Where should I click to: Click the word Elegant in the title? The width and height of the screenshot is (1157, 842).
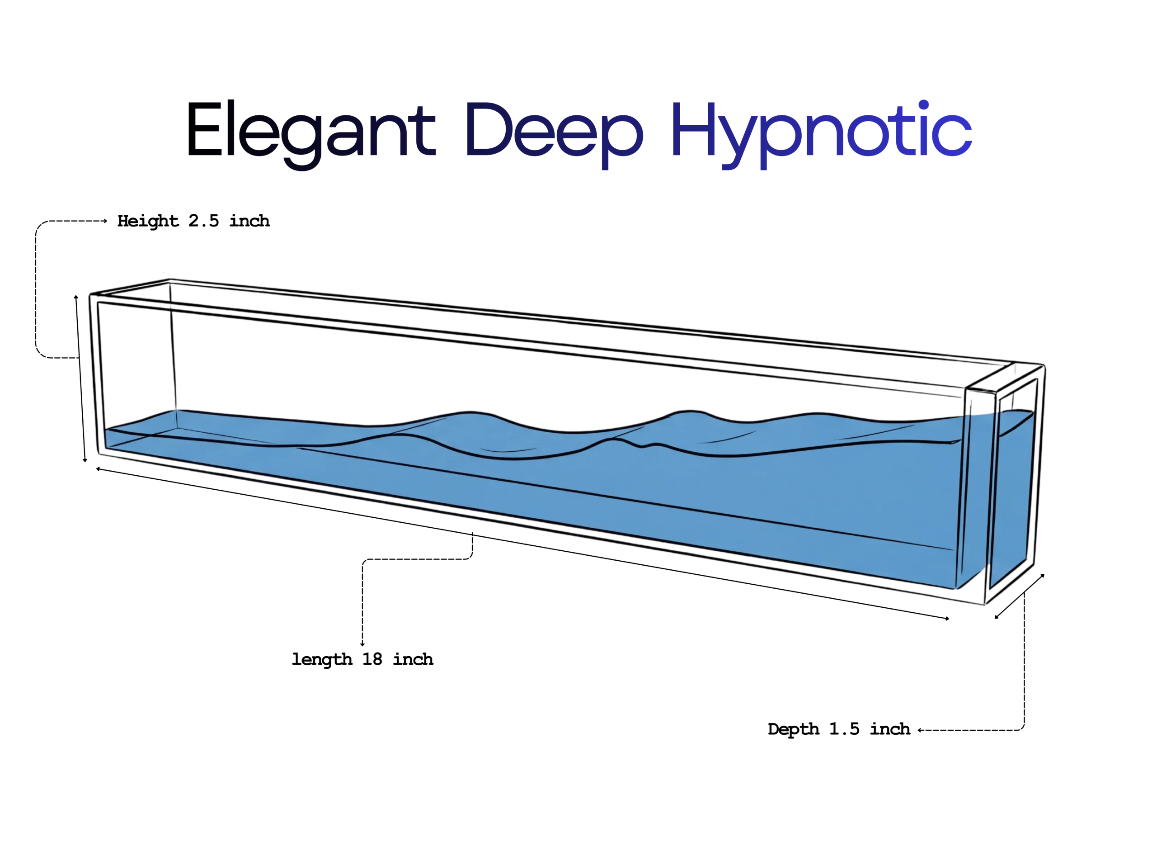coord(311,134)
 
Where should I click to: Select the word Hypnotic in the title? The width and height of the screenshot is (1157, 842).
coord(821,134)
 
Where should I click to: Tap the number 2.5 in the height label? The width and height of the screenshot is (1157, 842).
coord(203,221)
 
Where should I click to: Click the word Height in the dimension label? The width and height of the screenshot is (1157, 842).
coord(148,222)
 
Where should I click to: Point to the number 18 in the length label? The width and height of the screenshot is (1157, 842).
coord(372,659)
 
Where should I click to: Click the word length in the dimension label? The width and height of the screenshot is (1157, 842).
coord(321,660)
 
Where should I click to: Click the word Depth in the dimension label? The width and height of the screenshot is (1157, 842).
coord(793,730)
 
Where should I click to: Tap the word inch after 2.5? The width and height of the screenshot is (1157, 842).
coord(249,221)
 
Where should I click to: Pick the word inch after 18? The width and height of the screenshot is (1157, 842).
coord(413,659)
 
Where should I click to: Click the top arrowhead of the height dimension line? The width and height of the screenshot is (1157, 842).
coord(76,297)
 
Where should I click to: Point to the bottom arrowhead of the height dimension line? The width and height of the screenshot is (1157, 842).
coord(85,460)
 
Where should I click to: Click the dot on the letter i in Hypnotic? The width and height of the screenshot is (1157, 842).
coord(923,105)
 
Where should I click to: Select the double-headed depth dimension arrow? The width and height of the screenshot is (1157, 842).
coord(1019,596)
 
